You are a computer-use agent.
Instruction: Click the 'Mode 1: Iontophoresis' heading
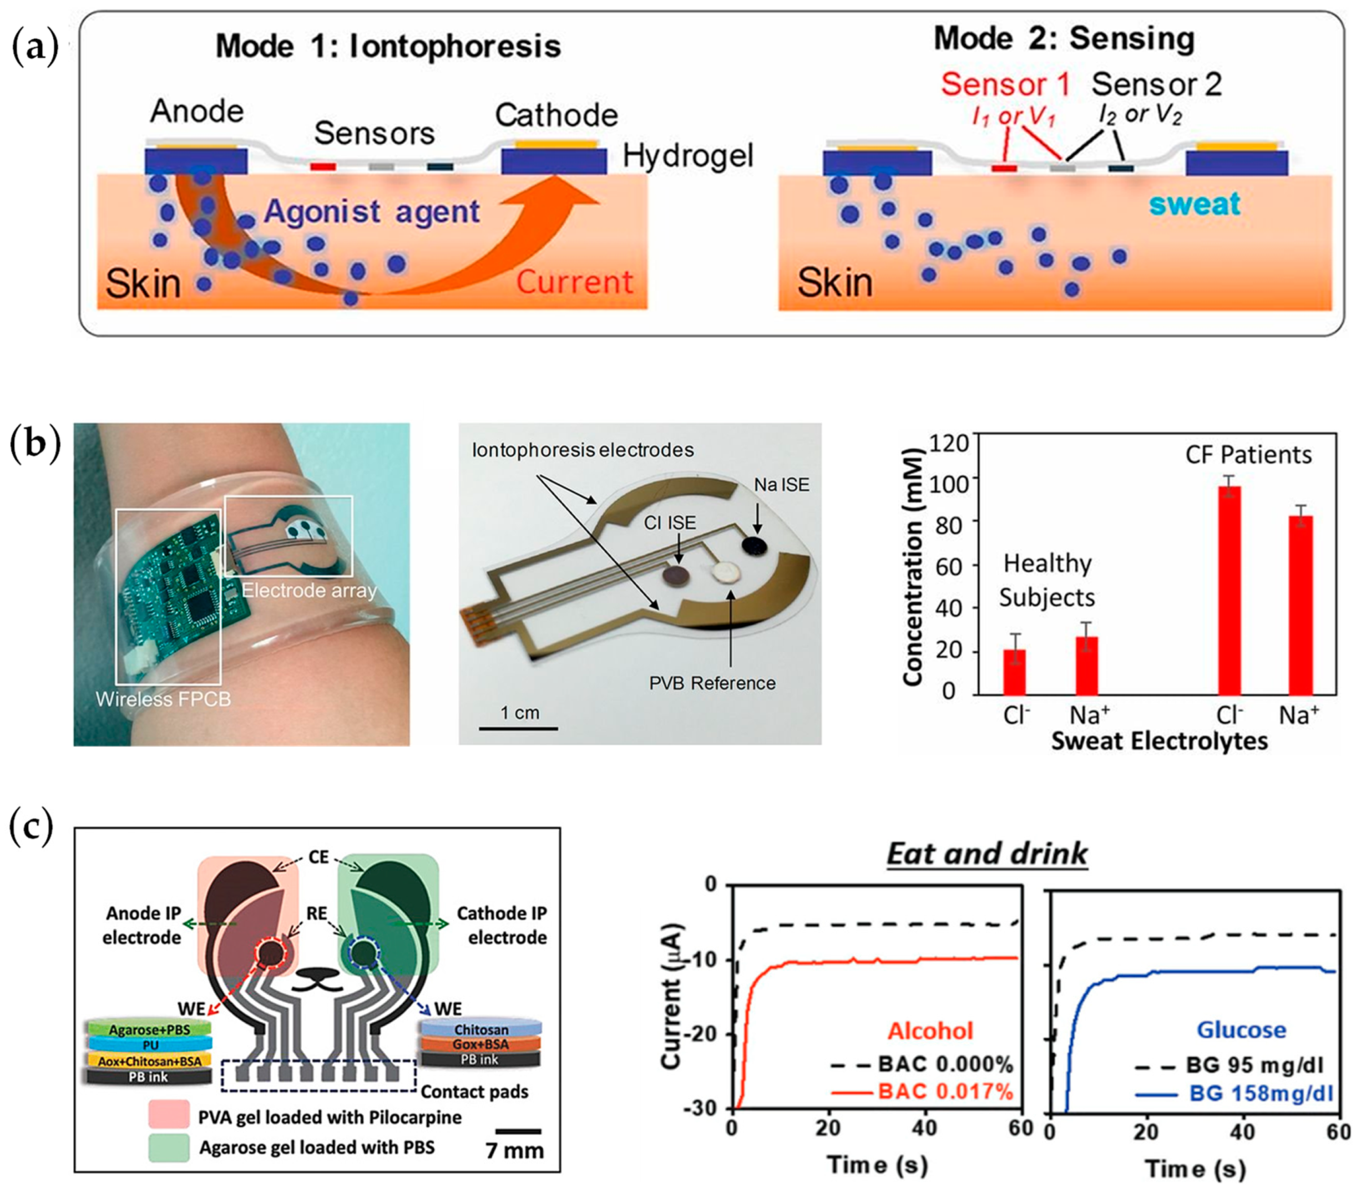(x=388, y=47)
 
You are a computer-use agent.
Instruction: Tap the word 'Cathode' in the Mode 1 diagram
(x=556, y=115)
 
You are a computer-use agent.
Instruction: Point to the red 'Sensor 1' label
(x=1005, y=84)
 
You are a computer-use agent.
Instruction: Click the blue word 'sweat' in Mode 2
(x=1195, y=203)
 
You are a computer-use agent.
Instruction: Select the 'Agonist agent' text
(x=372, y=212)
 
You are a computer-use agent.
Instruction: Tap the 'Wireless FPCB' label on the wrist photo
(x=163, y=699)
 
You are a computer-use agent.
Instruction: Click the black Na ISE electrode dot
(x=755, y=545)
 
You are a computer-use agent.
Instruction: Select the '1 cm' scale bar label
(x=519, y=713)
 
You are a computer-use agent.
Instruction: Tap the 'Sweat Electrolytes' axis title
(x=1159, y=741)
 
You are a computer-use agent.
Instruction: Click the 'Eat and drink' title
(x=987, y=854)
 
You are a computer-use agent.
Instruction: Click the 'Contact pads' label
(x=474, y=1092)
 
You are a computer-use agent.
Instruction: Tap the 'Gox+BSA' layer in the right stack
(x=480, y=1044)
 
